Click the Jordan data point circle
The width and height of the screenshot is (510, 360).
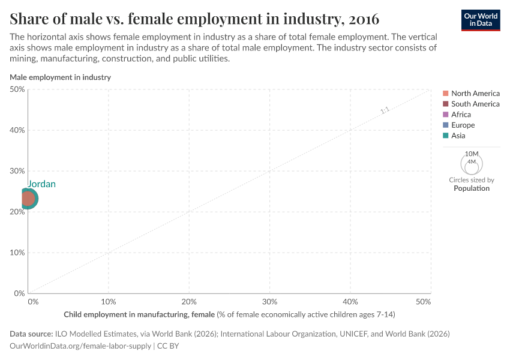click(x=28, y=198)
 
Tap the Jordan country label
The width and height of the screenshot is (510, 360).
click(x=41, y=184)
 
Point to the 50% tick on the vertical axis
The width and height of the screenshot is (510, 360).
click(x=17, y=89)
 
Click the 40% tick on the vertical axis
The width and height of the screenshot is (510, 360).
click(x=17, y=130)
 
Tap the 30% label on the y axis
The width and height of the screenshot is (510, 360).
click(x=17, y=171)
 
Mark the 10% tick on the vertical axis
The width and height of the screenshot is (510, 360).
click(x=17, y=253)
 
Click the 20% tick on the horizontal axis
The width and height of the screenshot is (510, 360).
click(x=189, y=301)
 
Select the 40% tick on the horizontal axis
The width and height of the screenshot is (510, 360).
click(x=350, y=301)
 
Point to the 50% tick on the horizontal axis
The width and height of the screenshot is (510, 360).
click(x=424, y=301)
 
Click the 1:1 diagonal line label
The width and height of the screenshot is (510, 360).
click(x=385, y=110)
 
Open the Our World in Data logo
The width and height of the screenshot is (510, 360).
click(x=481, y=19)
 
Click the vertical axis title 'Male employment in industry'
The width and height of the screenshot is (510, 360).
click(x=60, y=77)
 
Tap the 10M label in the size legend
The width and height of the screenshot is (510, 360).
click(x=472, y=154)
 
